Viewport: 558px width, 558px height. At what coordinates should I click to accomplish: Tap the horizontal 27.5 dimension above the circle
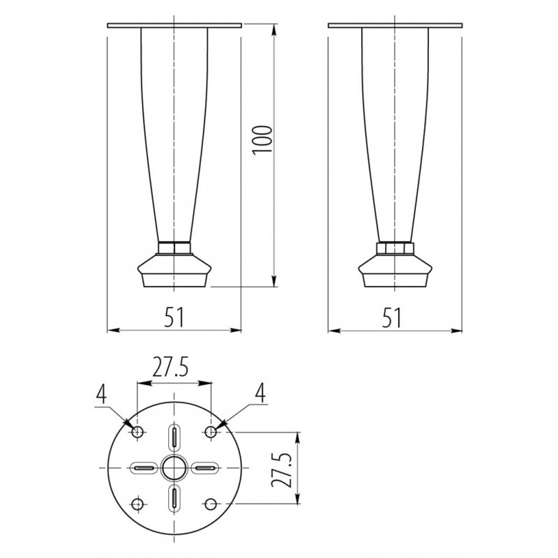170,369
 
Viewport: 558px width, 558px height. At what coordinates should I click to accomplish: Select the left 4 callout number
101,394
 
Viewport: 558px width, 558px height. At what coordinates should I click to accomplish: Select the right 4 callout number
261,394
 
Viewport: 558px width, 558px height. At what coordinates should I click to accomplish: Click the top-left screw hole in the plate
137,432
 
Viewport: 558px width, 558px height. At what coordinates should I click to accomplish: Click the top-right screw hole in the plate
211,432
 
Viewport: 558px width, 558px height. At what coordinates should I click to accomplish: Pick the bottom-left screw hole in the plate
137,504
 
